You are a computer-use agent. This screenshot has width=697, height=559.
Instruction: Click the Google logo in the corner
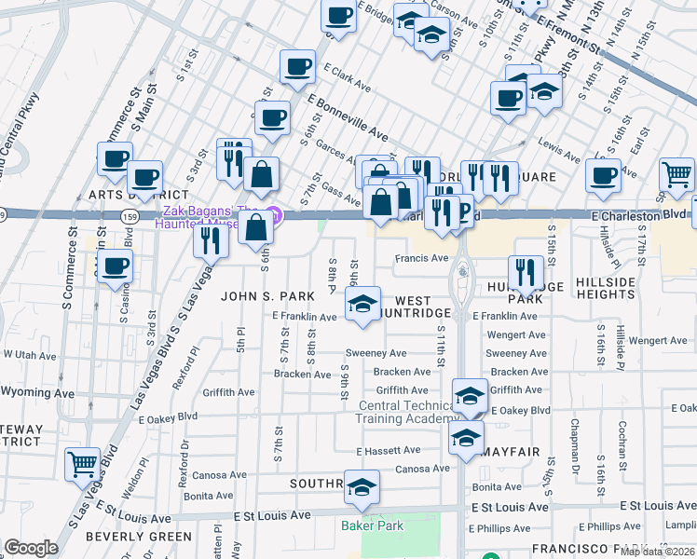31,548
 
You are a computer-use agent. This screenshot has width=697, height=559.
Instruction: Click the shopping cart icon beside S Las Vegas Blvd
83,463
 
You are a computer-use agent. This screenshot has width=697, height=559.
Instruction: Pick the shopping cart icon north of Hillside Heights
676,173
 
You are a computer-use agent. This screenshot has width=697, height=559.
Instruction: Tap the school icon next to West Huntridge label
362,303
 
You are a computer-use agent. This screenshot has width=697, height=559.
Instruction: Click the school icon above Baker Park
362,487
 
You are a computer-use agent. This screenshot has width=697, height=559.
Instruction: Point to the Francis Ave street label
422,258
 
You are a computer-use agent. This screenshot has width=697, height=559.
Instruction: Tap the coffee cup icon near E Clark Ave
297,67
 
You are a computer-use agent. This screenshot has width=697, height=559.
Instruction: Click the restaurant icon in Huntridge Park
526,271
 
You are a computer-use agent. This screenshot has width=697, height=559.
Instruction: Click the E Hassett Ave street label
389,450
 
